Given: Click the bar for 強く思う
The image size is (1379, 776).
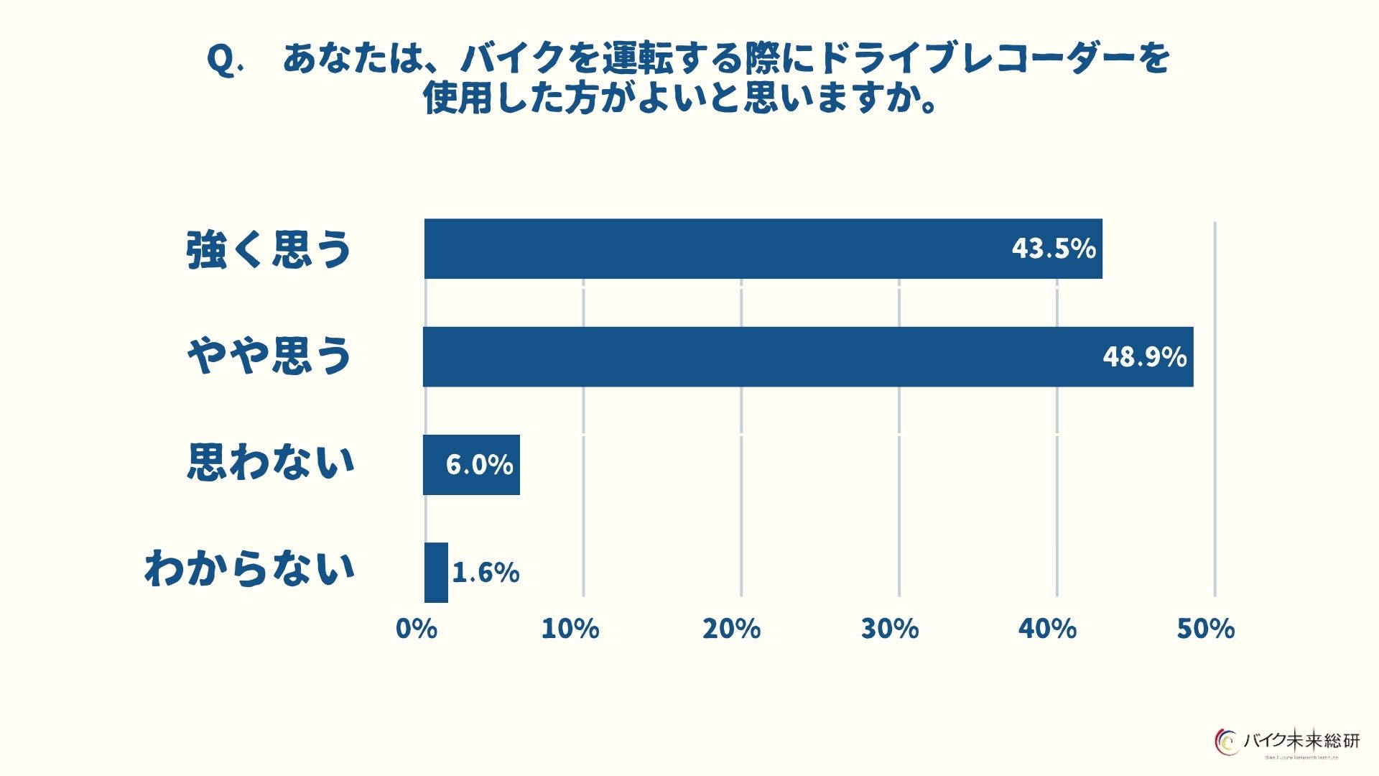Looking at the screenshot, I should [x=718, y=249].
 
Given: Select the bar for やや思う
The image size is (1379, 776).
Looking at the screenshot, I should [x=790, y=357].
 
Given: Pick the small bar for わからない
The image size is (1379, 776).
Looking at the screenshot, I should [x=436, y=573].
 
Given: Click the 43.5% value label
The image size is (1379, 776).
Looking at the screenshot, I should [x=1054, y=249].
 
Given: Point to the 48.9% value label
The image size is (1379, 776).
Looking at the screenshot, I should [x=1144, y=357].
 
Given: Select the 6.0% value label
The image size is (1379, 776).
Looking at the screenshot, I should [x=479, y=465].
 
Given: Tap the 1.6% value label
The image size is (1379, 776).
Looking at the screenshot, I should [x=486, y=573].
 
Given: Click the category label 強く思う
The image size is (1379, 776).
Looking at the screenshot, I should [x=269, y=250].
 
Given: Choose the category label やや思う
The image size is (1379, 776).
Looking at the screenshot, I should [x=269, y=356].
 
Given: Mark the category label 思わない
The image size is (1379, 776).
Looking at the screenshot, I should [x=271, y=462].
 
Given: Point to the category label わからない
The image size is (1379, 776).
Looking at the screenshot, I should [x=249, y=568].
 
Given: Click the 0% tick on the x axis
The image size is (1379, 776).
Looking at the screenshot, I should [x=417, y=629].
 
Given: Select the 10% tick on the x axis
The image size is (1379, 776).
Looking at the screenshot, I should [x=570, y=629].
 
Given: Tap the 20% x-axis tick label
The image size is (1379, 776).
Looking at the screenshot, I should [x=731, y=629].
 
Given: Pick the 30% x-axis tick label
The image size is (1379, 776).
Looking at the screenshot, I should [x=890, y=629].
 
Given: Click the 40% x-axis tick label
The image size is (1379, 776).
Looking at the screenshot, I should [x=1047, y=629].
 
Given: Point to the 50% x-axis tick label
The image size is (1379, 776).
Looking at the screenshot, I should [x=1205, y=629].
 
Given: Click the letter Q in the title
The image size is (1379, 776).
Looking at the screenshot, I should [x=221, y=59].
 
